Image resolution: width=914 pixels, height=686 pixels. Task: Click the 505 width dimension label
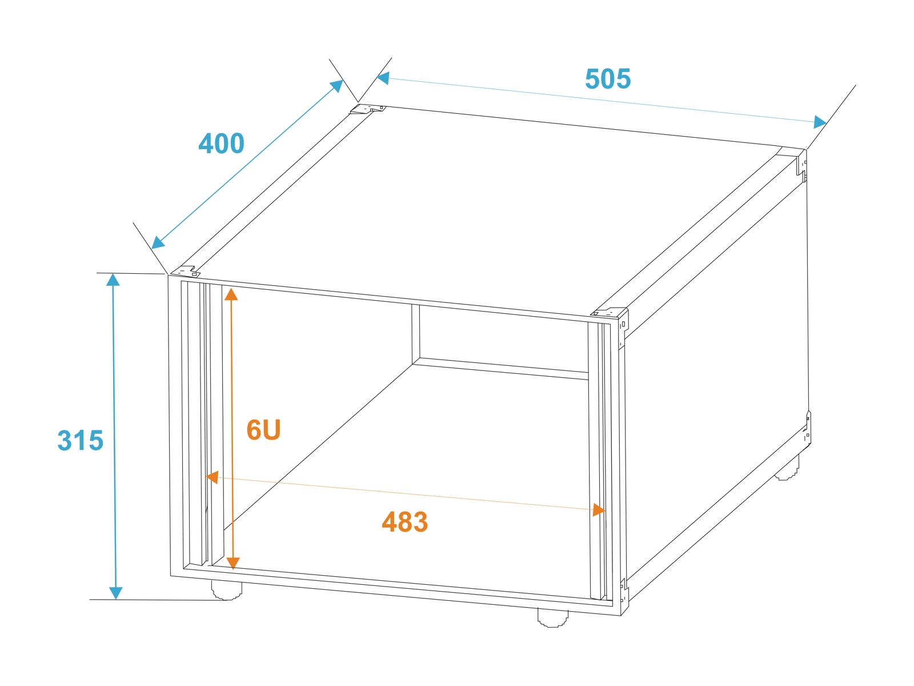(608, 79)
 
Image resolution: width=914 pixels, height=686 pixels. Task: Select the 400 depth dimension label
(221, 143)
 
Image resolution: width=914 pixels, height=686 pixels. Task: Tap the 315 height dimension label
(81, 440)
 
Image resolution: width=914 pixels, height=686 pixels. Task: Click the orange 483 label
(405, 521)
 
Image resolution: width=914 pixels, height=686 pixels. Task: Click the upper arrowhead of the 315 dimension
(113, 280)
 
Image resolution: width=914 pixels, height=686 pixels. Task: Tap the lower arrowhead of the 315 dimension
(115, 593)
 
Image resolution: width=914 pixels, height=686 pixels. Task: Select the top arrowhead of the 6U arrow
(231, 294)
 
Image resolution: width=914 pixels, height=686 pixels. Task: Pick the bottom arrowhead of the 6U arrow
(233, 563)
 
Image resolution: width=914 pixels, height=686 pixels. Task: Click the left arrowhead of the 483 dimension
(212, 477)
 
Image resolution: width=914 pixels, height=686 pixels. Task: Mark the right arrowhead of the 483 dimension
(599, 510)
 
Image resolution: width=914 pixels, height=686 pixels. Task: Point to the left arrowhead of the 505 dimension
(383, 78)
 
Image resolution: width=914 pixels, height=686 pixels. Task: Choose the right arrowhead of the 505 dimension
(820, 122)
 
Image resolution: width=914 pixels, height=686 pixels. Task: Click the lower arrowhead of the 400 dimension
(158, 242)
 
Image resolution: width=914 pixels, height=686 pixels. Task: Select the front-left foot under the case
(227, 590)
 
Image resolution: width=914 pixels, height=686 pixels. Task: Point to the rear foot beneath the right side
(787, 468)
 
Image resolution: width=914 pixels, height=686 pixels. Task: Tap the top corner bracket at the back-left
(368, 109)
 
